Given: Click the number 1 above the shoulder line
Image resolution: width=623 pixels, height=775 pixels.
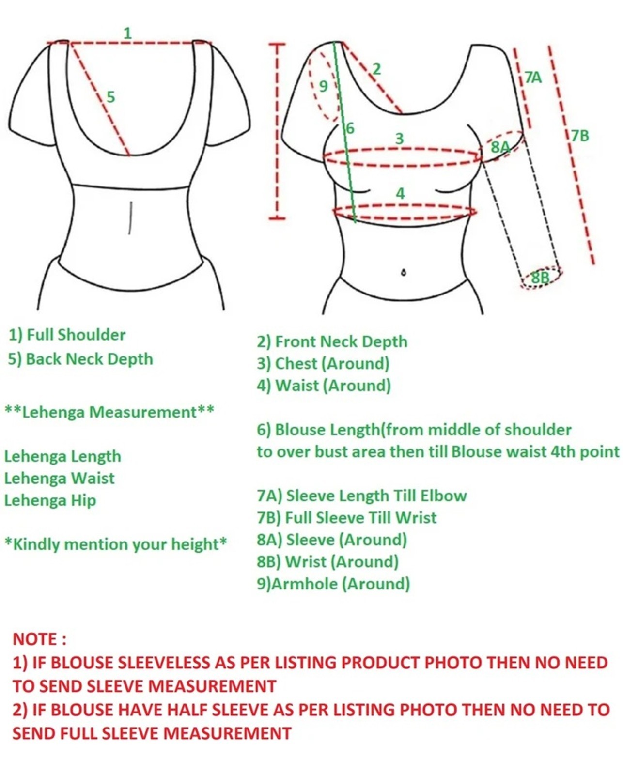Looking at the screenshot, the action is tap(127, 33).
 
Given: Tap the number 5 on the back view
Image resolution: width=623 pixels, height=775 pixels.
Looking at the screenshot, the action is tap(110, 97).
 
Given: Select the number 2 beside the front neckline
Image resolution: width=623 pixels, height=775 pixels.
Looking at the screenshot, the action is tap(376, 69).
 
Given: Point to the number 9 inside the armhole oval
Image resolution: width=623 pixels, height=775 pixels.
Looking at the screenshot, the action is tap(324, 86).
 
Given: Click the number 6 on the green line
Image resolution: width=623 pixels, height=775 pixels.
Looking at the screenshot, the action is tap(350, 128).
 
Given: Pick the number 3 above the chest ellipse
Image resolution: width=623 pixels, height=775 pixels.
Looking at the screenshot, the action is tap(399, 139).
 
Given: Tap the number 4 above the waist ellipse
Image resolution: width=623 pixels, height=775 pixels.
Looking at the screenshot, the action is tap(400, 193).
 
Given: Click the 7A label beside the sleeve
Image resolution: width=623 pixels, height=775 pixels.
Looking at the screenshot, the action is tap(533, 77).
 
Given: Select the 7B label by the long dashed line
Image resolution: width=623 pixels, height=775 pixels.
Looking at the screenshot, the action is tap(580, 136).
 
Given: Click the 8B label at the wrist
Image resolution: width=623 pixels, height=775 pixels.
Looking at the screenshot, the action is tap(541, 278).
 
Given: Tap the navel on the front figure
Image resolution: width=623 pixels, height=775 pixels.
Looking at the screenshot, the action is tap(404, 272).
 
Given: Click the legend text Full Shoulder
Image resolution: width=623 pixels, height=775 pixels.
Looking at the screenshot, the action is tap(77, 335).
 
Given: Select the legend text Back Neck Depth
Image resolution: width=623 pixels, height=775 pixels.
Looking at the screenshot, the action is tap(89, 359).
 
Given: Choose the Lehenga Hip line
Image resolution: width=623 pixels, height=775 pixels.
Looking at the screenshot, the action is tap(50, 500).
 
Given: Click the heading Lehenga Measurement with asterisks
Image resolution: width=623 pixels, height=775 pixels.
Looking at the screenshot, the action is tap(109, 412).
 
